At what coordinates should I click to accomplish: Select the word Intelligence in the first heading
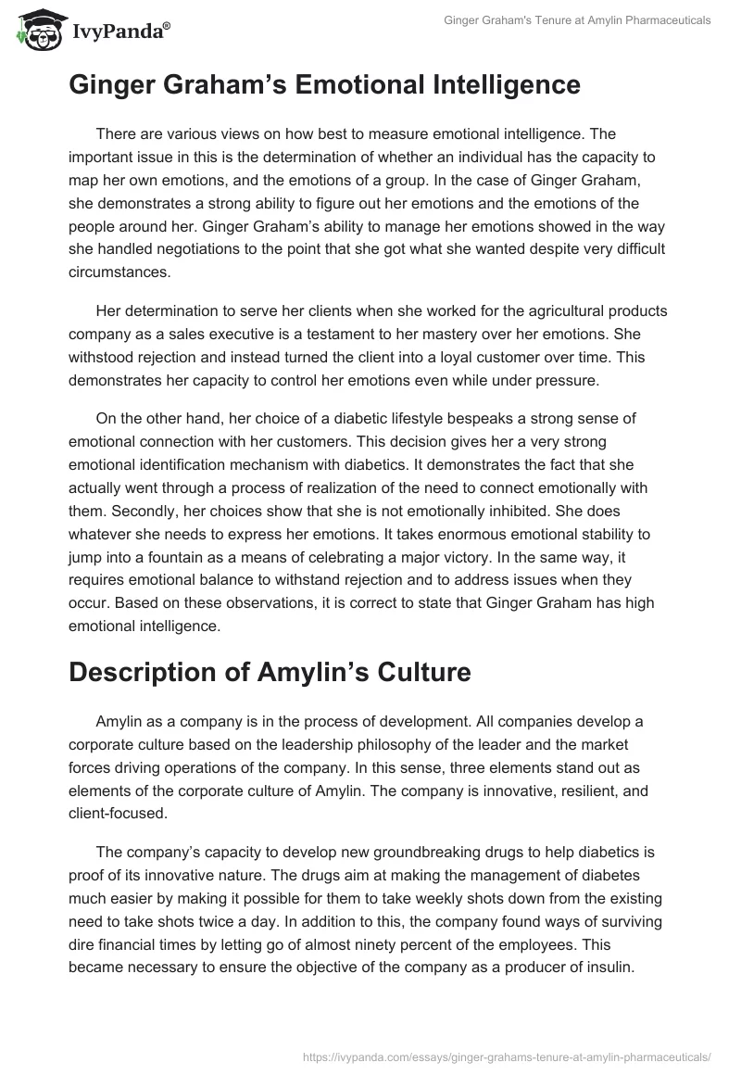[489, 85]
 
